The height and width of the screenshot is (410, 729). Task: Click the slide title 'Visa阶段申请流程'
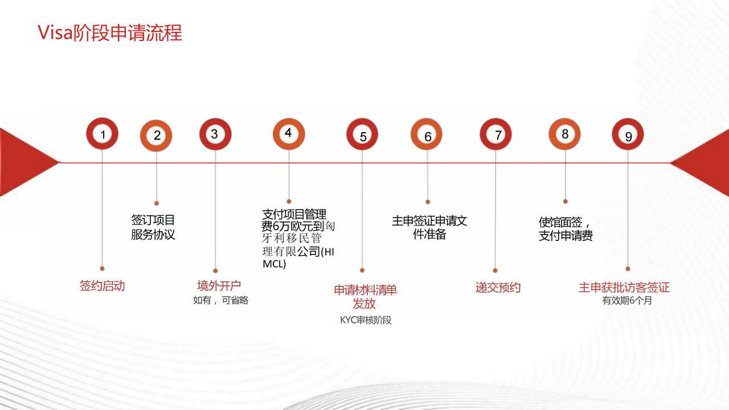[110, 32]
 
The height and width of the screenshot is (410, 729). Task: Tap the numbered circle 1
[103, 134]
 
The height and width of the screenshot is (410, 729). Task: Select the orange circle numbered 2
[157, 136]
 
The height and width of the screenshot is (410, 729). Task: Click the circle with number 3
[215, 134]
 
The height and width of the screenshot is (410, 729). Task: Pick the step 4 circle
[289, 133]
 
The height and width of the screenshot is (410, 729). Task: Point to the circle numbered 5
[363, 135]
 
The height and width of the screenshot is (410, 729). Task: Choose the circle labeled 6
[427, 135]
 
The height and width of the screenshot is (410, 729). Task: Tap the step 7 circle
[496, 134]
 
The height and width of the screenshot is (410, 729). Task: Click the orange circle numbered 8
[564, 134]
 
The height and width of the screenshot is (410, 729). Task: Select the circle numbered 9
[628, 135]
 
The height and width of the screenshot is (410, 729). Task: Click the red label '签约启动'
[102, 286]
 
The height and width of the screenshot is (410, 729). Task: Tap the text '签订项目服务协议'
[153, 227]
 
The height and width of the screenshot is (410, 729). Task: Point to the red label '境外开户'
[219, 285]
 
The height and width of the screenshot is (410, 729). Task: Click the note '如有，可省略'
[220, 300]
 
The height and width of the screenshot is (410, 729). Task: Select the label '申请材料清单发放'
[365, 296]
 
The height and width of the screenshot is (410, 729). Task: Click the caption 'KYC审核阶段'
[366, 320]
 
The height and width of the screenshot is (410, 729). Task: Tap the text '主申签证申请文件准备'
[429, 227]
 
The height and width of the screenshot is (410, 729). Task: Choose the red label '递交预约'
[498, 288]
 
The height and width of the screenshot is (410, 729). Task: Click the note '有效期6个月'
[627, 300]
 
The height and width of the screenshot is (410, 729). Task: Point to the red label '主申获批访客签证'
[624, 288]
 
